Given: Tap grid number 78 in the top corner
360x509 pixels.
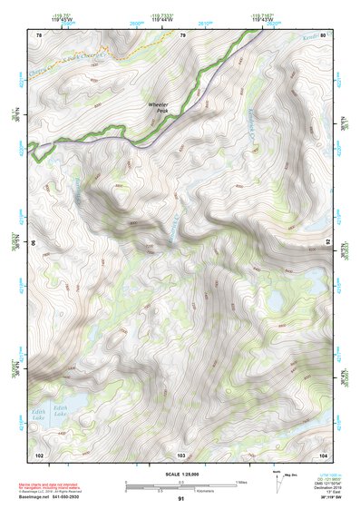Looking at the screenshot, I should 39,35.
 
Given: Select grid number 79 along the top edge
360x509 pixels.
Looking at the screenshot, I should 182,35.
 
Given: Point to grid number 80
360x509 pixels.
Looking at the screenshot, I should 322,35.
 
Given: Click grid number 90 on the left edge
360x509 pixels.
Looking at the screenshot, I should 34,243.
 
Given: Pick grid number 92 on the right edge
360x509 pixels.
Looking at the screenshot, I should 326,243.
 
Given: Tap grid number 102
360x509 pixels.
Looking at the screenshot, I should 39,454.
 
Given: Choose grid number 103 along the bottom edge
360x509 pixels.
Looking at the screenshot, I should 182,454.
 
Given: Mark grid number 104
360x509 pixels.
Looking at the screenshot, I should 322,454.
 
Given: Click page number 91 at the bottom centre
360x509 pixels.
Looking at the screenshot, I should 181,499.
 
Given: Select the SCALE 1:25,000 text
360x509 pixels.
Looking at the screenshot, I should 180,475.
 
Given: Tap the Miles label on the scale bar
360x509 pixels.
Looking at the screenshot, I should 241,481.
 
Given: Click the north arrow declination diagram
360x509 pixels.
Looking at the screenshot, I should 278,478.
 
